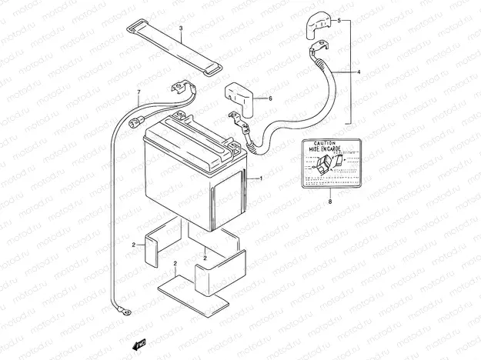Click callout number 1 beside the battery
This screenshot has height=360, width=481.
tap(261, 178)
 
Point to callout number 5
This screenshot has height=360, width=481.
tap(338, 21)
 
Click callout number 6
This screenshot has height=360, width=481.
tap(270, 98)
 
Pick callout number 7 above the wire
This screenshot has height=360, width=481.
tap(139, 93)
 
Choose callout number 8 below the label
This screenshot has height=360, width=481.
tap(329, 202)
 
